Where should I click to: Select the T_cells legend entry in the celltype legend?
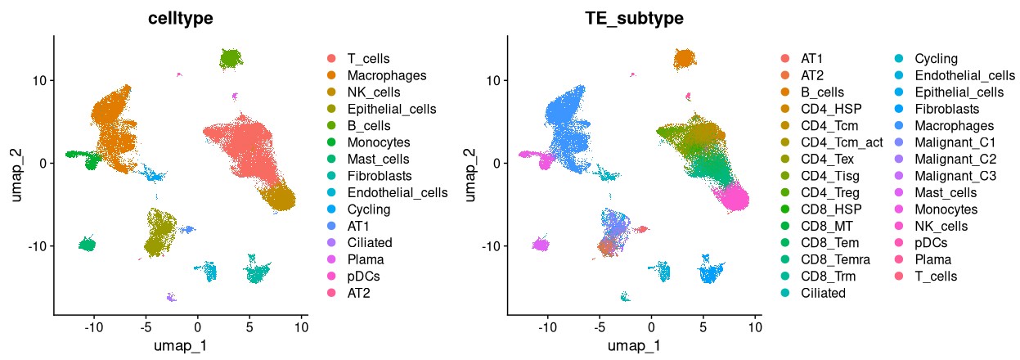coord(367,58)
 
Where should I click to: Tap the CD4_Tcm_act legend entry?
coord(839,142)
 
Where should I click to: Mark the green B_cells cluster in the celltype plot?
coord(231,58)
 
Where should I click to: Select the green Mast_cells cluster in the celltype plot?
coord(88,244)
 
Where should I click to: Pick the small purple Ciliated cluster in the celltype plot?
coord(171,298)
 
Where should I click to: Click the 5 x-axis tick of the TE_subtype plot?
coord(703,326)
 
